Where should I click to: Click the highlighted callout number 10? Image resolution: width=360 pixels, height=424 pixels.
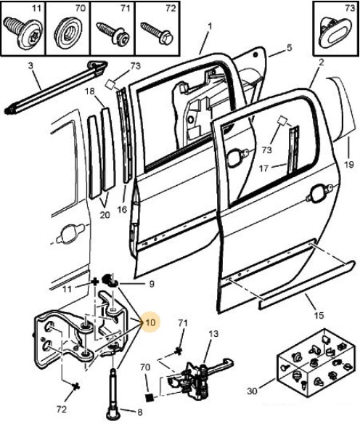point(150,322)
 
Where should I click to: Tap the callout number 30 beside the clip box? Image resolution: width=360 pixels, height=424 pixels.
point(252,391)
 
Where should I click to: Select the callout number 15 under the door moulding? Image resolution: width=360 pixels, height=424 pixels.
point(319,315)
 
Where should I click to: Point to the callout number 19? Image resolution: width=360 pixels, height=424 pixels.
point(349,164)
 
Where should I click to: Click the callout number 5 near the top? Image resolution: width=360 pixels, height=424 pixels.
point(289,48)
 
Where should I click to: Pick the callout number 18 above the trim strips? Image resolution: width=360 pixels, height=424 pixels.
point(90,91)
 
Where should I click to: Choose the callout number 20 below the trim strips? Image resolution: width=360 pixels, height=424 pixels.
point(105,215)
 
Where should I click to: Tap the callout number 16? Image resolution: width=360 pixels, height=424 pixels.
point(122,209)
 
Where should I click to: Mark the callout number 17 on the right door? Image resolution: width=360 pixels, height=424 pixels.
point(263,168)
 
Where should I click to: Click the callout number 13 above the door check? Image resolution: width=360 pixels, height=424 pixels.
point(213,334)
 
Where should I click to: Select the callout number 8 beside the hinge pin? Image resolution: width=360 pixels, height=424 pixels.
point(139,412)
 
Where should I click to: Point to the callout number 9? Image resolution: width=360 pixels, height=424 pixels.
point(152,284)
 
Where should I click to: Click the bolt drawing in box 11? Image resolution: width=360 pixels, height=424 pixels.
point(22,33)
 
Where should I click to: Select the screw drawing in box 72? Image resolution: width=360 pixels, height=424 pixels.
point(157,33)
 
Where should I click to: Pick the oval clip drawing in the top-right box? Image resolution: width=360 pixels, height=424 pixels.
point(334,33)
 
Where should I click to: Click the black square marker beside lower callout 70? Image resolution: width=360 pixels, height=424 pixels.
point(150,398)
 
